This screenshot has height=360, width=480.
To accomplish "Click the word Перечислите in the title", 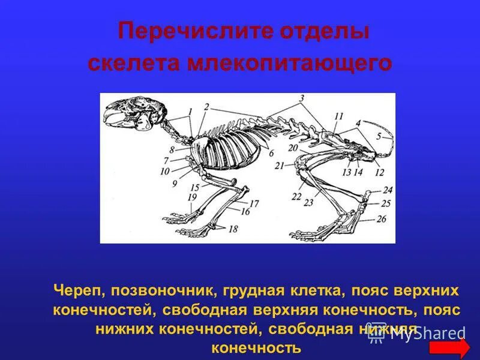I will click(x=179, y=31).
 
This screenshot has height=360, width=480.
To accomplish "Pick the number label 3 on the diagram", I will click(x=302, y=98).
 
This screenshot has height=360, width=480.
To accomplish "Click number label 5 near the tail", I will click(x=379, y=136).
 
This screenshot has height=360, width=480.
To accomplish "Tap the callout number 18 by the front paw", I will click(x=233, y=229).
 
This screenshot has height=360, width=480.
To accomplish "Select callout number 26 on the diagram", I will click(x=382, y=219).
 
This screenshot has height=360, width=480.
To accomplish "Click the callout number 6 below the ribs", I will click(x=271, y=153).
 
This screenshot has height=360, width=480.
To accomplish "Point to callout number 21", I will click(x=279, y=166).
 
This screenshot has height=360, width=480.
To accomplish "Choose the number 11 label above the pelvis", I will click(x=339, y=116).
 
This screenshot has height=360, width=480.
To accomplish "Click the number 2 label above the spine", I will click(x=206, y=107).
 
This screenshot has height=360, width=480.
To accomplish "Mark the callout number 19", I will click(x=192, y=197).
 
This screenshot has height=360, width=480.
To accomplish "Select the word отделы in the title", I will click(x=325, y=31).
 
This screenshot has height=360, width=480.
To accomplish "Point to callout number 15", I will click(x=195, y=187).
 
